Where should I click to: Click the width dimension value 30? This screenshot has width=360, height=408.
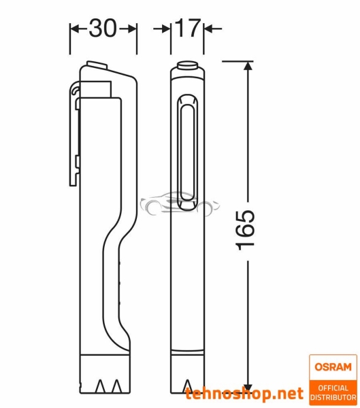[103, 28]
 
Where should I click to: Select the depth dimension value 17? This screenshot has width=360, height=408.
[180, 28]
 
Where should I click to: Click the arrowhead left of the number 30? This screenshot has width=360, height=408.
[75, 29]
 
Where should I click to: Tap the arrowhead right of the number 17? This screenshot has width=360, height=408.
[208, 29]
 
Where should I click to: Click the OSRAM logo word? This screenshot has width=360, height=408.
[333, 367]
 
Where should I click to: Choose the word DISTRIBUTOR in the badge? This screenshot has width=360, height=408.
[333, 397]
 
